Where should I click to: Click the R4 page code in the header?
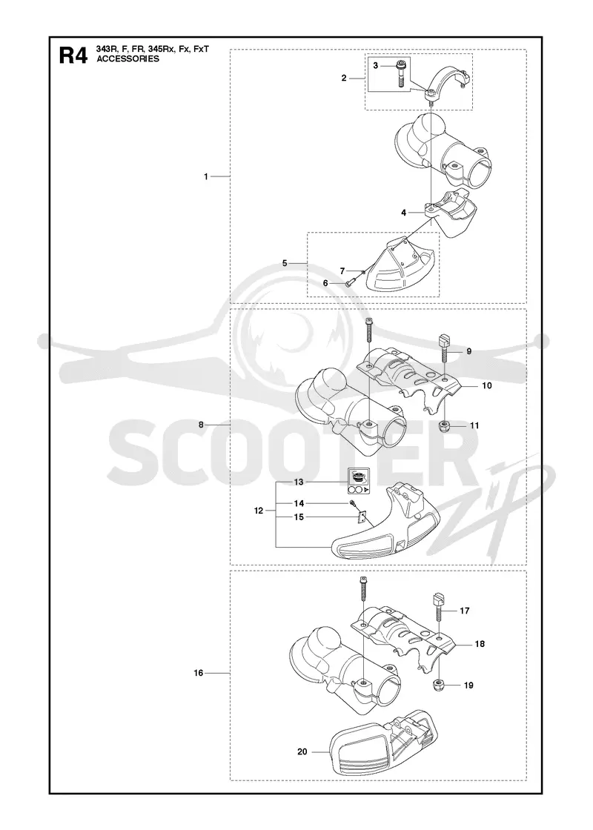pos(73,55)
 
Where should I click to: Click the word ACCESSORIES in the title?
pos(127,59)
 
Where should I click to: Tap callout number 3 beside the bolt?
pos(376,66)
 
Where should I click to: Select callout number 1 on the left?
pos(207,177)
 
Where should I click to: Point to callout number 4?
pos(404,213)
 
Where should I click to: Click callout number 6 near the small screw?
pos(326,283)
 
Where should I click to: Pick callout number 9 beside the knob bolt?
pos(469,351)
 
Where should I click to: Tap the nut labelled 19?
pos(440,685)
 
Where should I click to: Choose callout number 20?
pos(302,751)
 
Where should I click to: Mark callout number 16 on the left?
pos(199,674)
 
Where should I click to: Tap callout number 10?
pos(487,385)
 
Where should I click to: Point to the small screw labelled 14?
pos(352,502)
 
